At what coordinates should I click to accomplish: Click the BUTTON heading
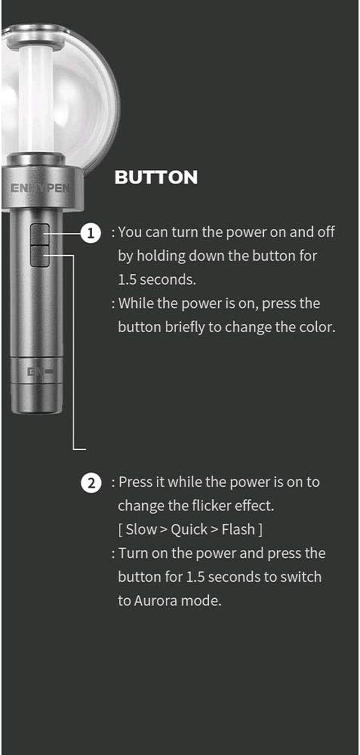click(x=156, y=177)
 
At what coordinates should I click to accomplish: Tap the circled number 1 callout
click(x=90, y=233)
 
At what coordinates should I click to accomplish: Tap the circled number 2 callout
click(x=91, y=484)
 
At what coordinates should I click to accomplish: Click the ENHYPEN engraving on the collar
click(x=40, y=188)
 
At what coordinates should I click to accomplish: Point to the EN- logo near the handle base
click(x=40, y=372)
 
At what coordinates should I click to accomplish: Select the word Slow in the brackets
click(x=141, y=529)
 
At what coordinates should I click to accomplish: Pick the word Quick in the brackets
click(x=189, y=530)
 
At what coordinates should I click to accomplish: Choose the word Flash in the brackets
click(x=238, y=529)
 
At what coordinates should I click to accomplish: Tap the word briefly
click(x=184, y=328)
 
